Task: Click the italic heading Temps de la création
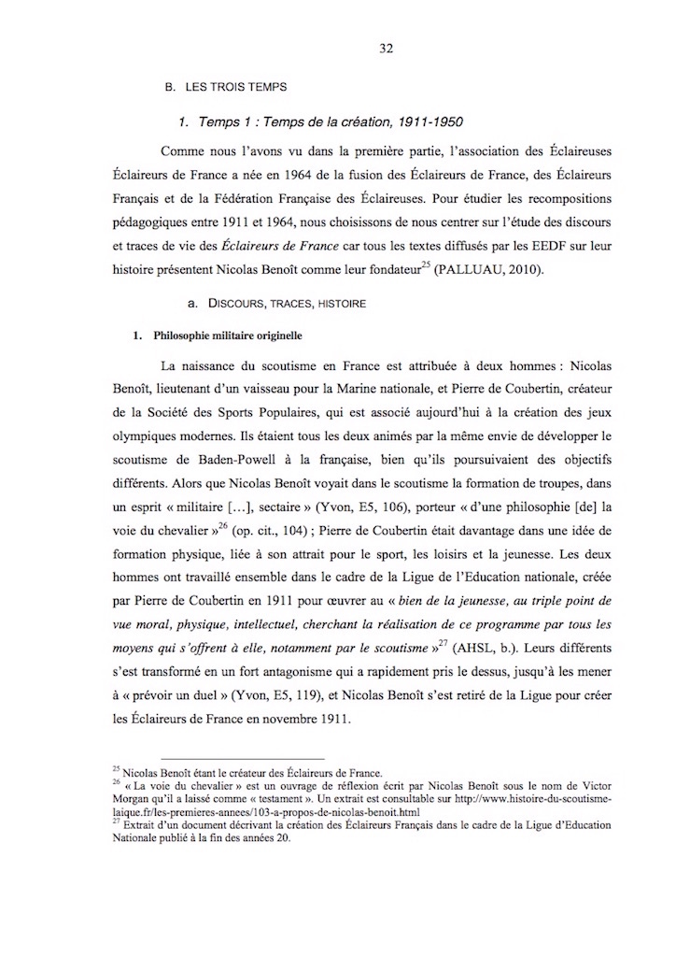point(321,121)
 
